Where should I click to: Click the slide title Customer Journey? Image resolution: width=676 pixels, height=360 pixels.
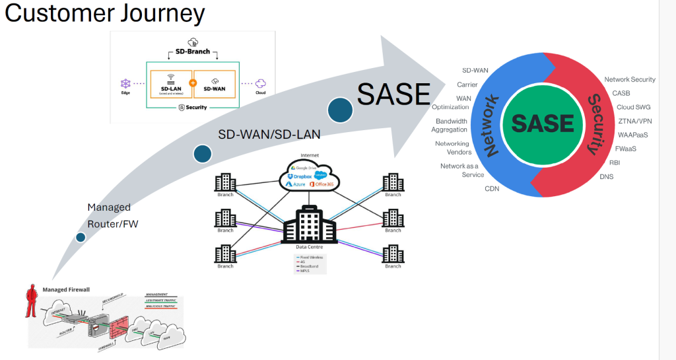tap(105, 14)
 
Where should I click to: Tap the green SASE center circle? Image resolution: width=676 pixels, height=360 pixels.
tap(543, 124)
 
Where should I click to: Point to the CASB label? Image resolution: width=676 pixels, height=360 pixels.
tap(621, 93)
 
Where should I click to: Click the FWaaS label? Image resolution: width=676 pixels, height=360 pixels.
tap(625, 149)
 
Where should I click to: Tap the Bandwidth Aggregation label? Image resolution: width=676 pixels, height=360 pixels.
tap(452, 126)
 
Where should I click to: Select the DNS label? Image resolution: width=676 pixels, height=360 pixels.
tap(607, 176)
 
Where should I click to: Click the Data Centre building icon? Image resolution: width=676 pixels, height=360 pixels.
tap(310, 224)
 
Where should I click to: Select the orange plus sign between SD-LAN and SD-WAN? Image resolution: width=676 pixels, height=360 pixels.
tap(193, 84)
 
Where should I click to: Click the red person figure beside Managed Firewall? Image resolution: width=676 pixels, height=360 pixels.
tap(30, 301)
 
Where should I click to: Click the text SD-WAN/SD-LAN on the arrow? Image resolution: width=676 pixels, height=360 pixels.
tap(269, 135)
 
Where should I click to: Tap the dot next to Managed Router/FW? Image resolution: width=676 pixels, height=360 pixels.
tap(81, 237)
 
